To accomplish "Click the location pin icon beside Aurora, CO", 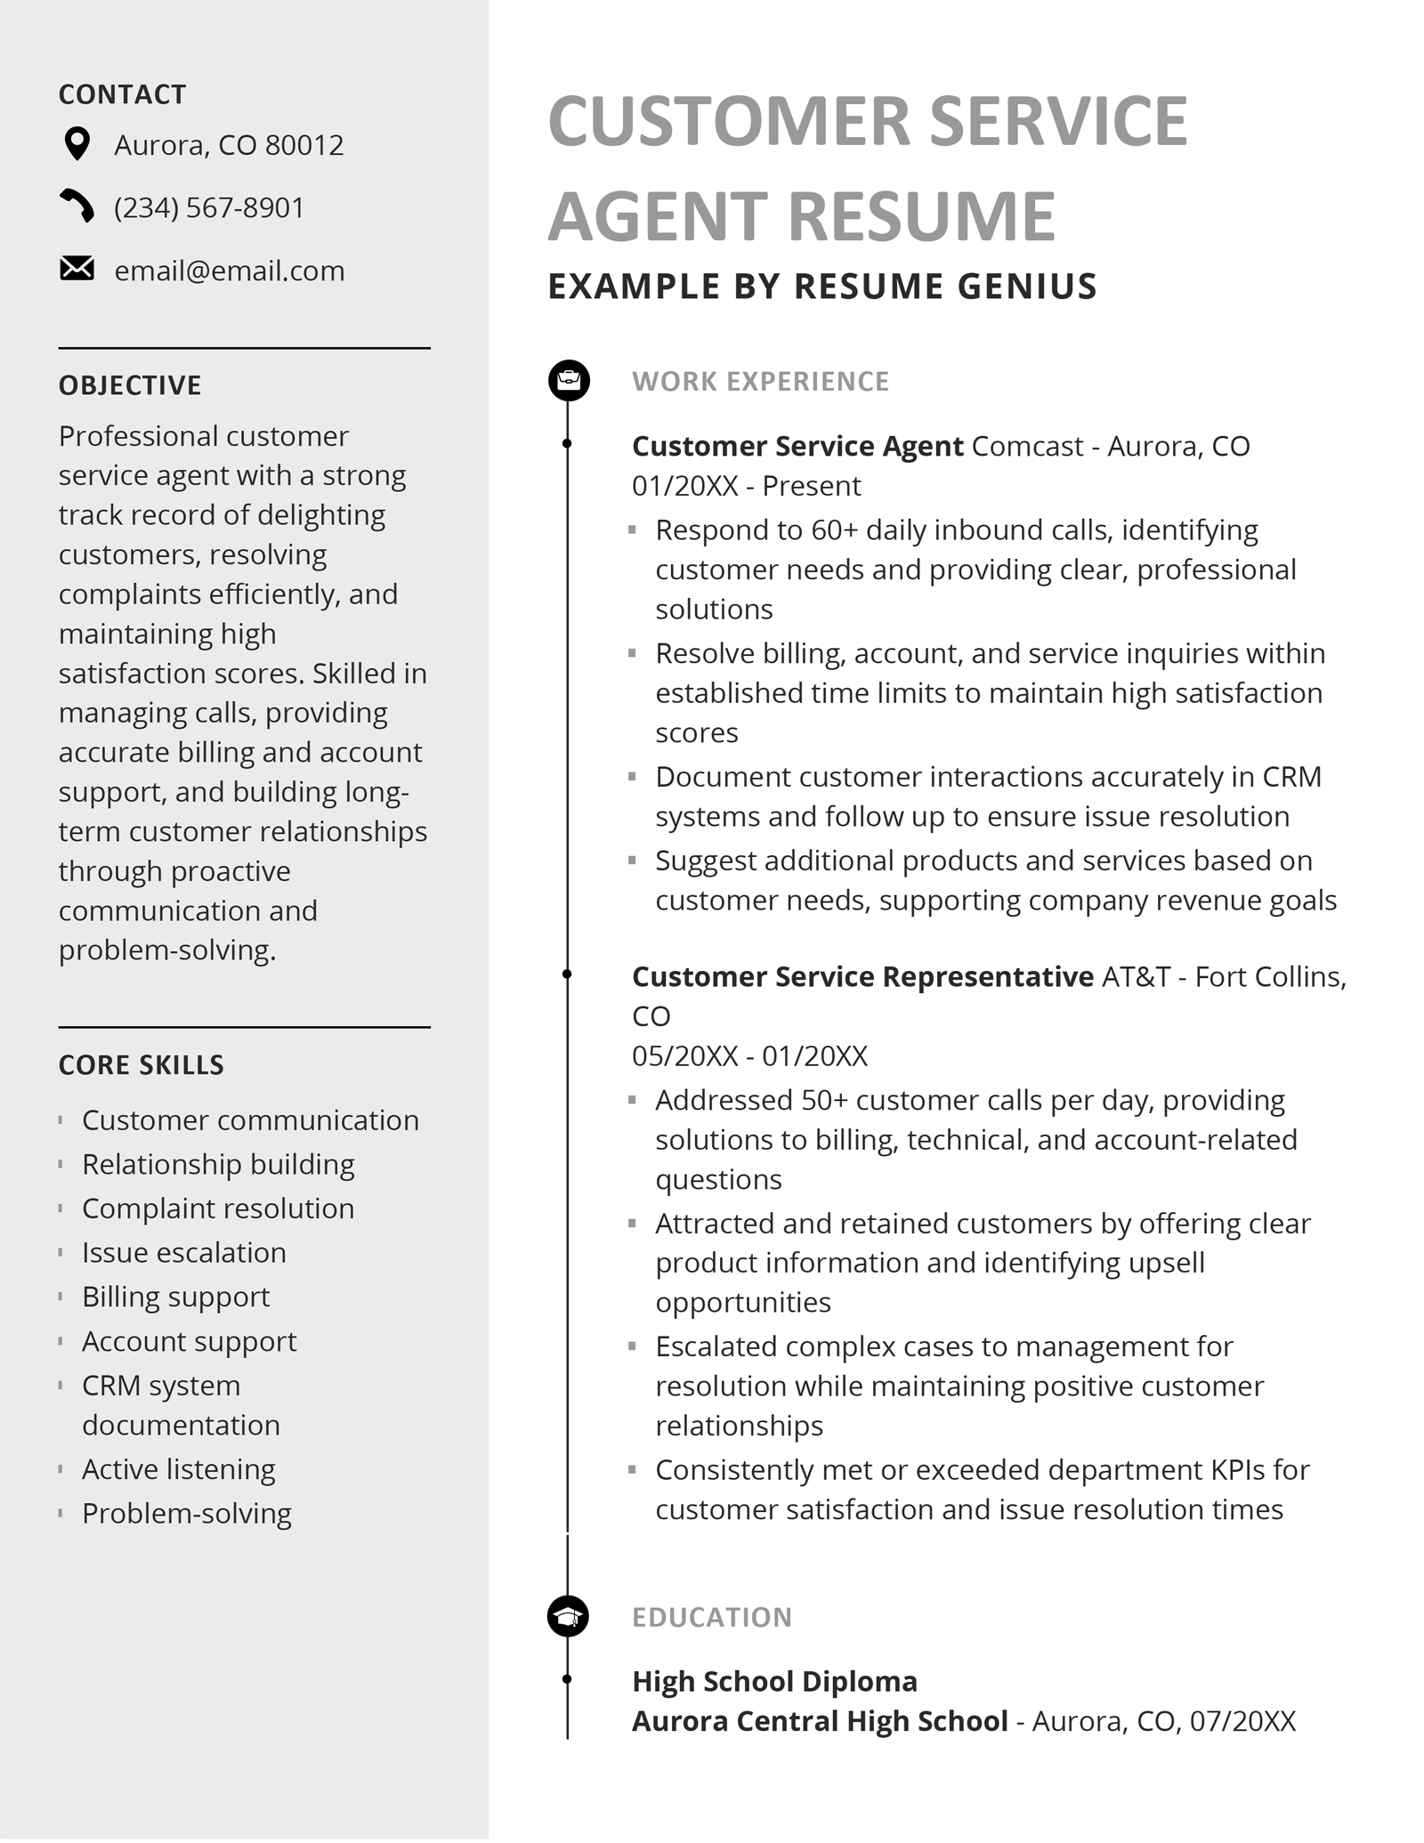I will tap(77, 144).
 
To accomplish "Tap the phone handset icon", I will tap(77, 206).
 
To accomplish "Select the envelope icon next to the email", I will tap(77, 269).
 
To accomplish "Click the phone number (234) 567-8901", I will tap(209, 207).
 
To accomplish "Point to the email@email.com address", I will tap(230, 271).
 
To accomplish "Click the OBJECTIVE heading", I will tap(130, 385).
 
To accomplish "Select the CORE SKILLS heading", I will tap(142, 1065).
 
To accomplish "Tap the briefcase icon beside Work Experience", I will tap(569, 381).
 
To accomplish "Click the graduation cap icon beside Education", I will tap(568, 1617).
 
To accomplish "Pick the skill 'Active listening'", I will tap(179, 1469).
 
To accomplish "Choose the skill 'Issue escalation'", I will tap(184, 1253).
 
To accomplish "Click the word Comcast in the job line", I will tap(1027, 446).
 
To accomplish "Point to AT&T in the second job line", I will tap(1136, 977).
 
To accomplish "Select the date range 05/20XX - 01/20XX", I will tap(749, 1056).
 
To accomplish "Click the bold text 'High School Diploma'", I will tap(774, 1682).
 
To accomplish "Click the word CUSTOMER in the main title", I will tap(730, 121).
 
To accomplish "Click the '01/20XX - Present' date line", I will tap(746, 486).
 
